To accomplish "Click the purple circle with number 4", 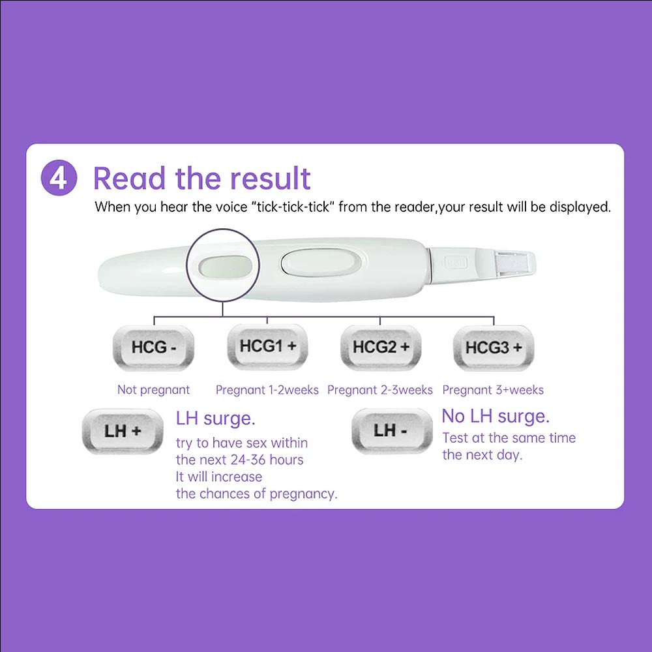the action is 59,177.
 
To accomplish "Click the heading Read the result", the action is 201,179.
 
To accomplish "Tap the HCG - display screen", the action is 153,348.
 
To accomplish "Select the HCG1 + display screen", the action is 267,347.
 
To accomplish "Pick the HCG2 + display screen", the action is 381,348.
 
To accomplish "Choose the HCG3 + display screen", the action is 494,348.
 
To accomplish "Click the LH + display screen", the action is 123,431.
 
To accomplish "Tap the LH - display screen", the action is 392,431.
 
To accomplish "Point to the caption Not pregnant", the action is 153,390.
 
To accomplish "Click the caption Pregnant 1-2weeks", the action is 267,390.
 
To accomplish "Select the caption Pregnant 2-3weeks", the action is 380,390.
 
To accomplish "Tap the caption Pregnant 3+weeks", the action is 493,390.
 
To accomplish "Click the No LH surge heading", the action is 496,416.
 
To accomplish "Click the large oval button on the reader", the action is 319,263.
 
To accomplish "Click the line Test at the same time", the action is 509,438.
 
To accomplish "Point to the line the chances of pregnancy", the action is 256,494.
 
